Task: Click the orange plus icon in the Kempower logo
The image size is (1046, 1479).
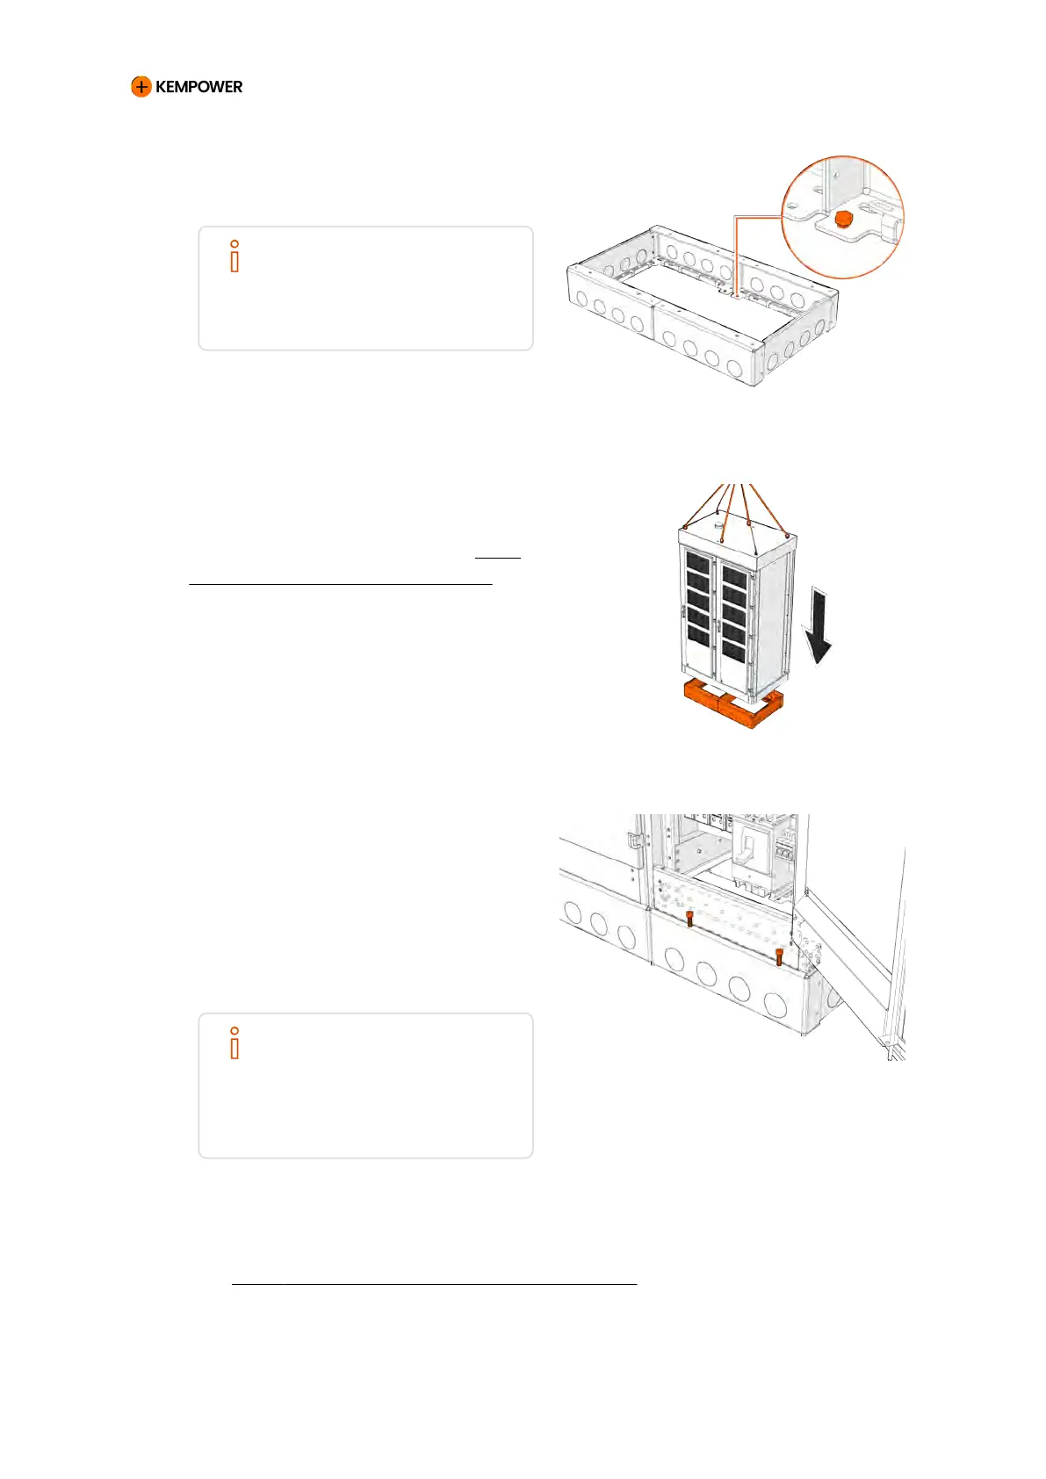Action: (x=141, y=87)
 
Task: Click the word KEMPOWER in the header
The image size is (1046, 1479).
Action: (x=198, y=87)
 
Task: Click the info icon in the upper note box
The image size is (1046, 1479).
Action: (x=234, y=256)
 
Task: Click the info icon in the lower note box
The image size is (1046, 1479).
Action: (x=234, y=1043)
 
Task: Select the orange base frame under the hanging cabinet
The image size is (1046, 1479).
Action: (x=732, y=707)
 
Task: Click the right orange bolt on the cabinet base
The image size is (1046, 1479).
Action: (x=779, y=956)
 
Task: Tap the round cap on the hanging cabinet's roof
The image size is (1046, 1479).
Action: (x=719, y=520)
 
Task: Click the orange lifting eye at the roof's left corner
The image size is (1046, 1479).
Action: (x=686, y=527)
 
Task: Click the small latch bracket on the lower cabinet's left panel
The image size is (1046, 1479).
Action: (x=631, y=840)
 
